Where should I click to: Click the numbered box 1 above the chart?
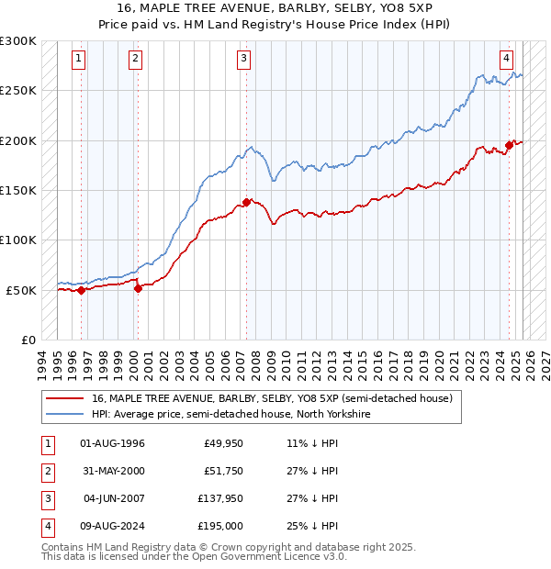(80, 59)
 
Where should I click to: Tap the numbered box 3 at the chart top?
(244, 59)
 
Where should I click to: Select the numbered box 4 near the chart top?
(506, 59)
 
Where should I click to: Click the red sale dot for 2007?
(246, 202)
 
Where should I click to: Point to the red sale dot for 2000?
(138, 288)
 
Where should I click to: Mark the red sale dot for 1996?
(81, 290)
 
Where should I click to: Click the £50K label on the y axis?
(21, 290)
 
